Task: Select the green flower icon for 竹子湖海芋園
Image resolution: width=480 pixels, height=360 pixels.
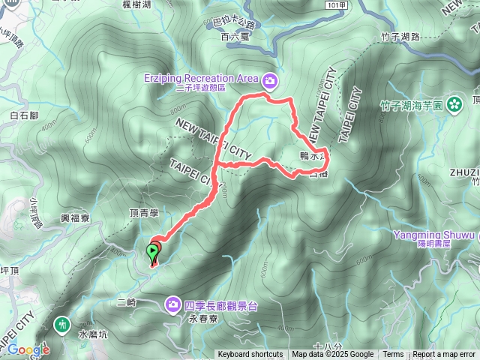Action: point(454,105)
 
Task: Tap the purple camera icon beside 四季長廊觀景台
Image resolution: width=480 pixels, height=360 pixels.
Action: point(174,304)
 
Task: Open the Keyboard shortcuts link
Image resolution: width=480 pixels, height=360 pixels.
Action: point(250,355)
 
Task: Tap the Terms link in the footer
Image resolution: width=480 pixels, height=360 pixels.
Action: point(393,355)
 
